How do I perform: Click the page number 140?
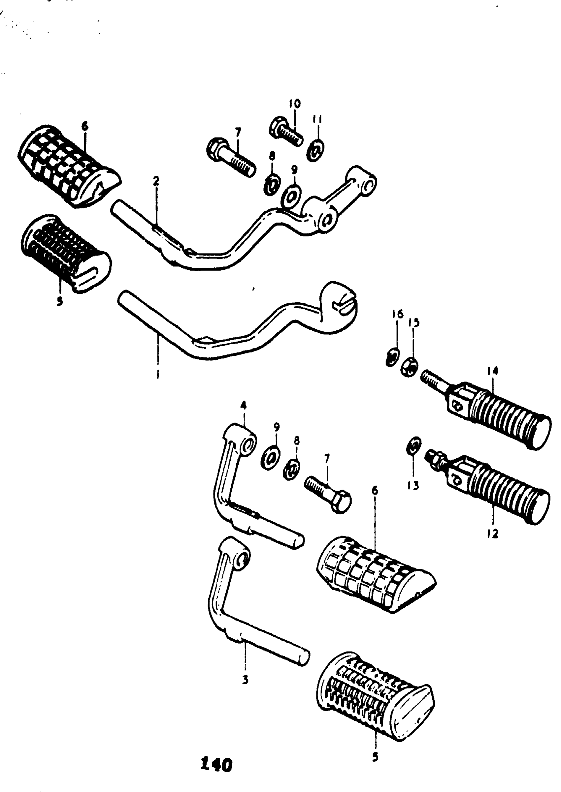pyautogui.click(x=216, y=765)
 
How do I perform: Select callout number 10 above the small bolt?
pyautogui.click(x=295, y=104)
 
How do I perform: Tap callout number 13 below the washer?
pyautogui.click(x=413, y=486)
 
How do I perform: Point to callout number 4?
pyautogui.click(x=244, y=405)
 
